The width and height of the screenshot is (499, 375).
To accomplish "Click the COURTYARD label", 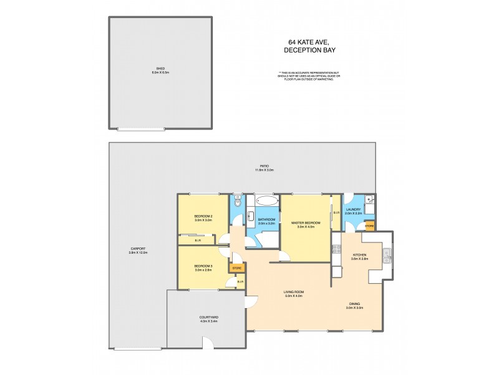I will coord(208,319).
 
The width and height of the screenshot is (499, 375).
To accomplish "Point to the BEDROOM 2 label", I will coord(203,218).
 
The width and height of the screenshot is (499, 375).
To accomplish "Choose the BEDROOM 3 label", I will coord(203,268).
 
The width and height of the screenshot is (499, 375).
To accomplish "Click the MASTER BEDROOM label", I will coord(306,224).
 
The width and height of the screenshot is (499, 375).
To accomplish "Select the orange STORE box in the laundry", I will coord(369,226).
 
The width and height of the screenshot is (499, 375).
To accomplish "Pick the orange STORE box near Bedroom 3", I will coord(237,268).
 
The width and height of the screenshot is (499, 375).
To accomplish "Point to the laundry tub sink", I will coord(371,200).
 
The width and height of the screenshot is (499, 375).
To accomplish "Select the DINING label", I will coord(354,306).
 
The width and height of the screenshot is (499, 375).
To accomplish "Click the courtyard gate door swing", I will coord(208,342).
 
